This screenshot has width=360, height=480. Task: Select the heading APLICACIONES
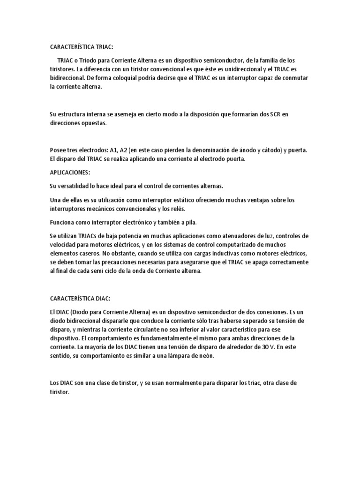tap(69, 172)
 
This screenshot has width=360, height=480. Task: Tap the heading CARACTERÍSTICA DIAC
tap(80, 298)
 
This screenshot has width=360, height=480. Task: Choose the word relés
tap(184, 209)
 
